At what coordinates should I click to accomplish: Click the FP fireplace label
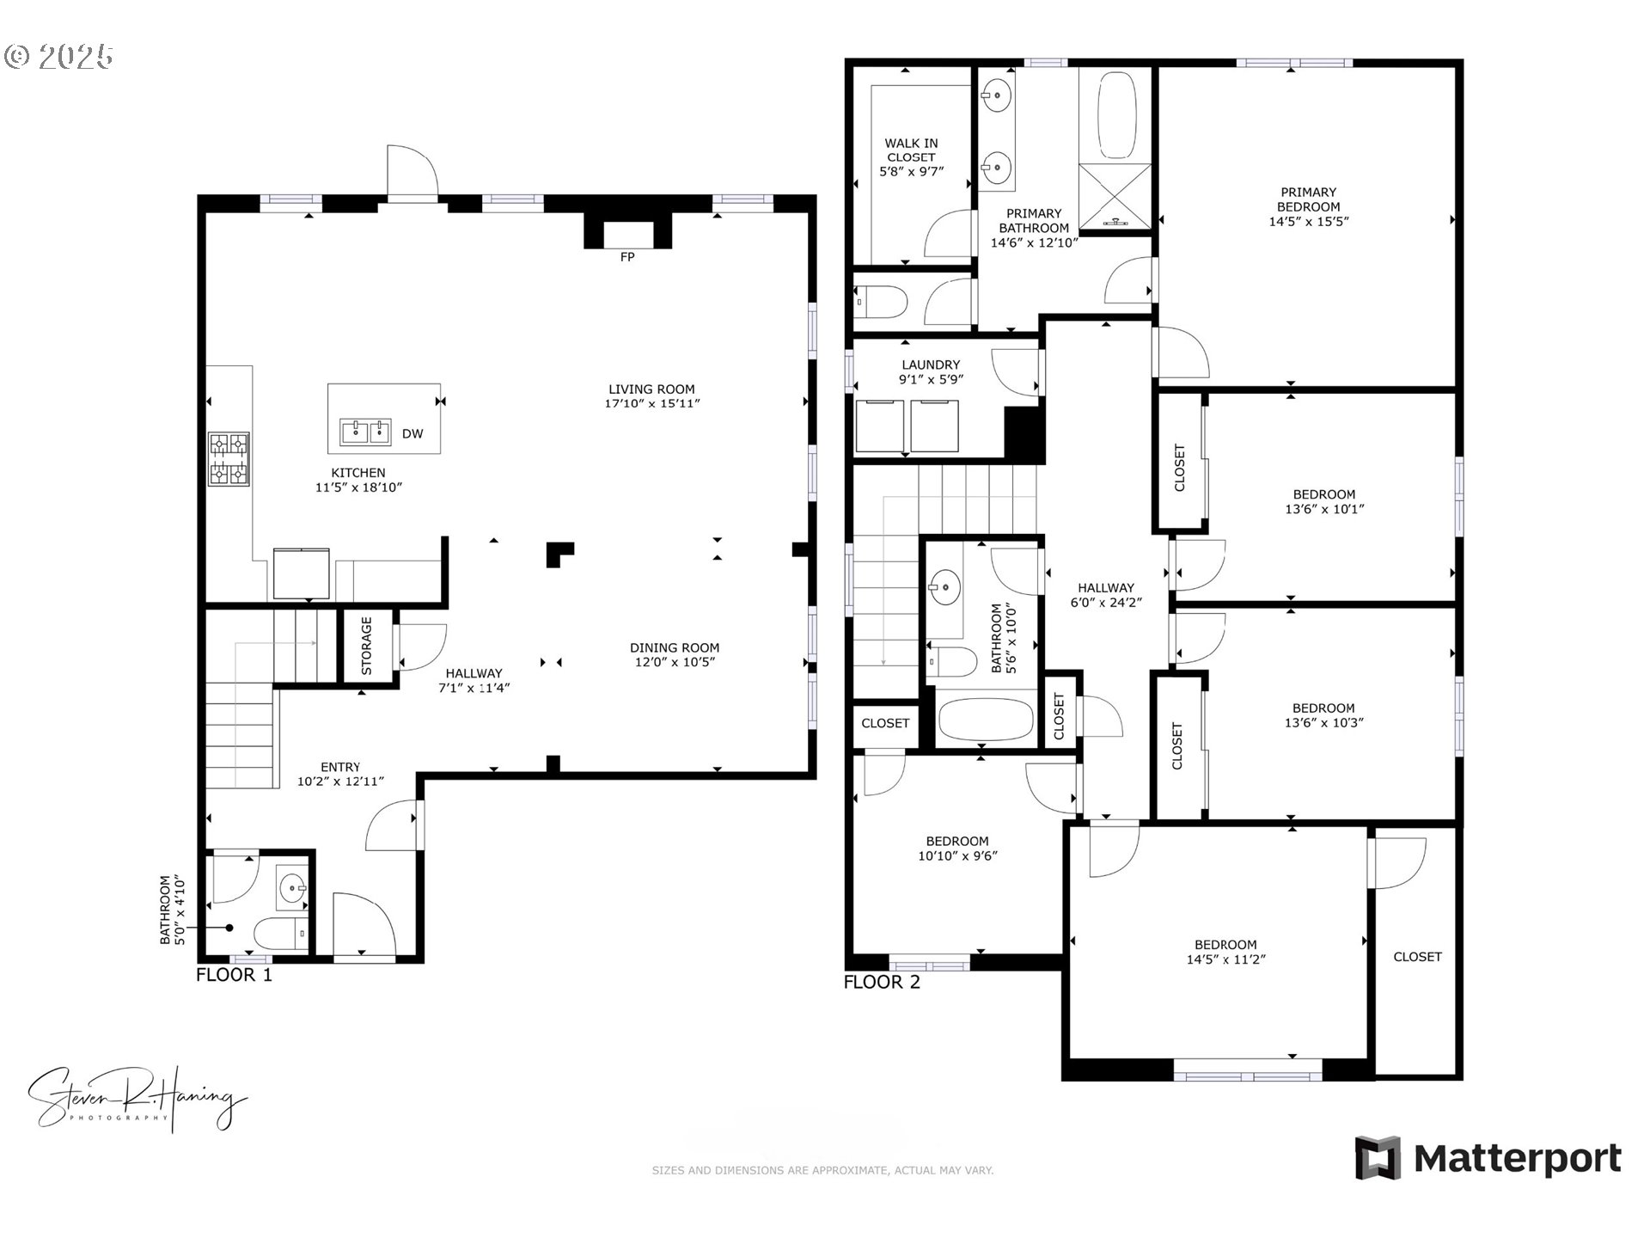(x=627, y=257)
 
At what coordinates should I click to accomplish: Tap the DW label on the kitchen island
(x=412, y=434)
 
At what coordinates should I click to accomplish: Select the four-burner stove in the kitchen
(x=229, y=459)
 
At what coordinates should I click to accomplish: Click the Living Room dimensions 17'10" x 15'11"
(x=652, y=403)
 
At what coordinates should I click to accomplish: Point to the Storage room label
(x=367, y=645)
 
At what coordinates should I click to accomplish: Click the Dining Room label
(x=675, y=647)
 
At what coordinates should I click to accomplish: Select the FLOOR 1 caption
(x=234, y=975)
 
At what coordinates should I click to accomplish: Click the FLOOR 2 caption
(x=882, y=983)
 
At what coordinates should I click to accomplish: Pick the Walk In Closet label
(x=911, y=150)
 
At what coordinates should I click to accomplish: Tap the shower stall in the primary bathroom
(x=1115, y=196)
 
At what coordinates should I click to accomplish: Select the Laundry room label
(x=931, y=365)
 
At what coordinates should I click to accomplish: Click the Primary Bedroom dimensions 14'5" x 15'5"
(x=1309, y=221)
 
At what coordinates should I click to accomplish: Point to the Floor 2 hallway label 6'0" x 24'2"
(x=1106, y=603)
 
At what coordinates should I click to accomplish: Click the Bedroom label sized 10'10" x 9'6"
(x=957, y=842)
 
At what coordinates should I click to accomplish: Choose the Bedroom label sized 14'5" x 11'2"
(x=1225, y=945)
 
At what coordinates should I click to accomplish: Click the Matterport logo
(x=1488, y=1159)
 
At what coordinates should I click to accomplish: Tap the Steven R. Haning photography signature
(x=137, y=1099)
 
